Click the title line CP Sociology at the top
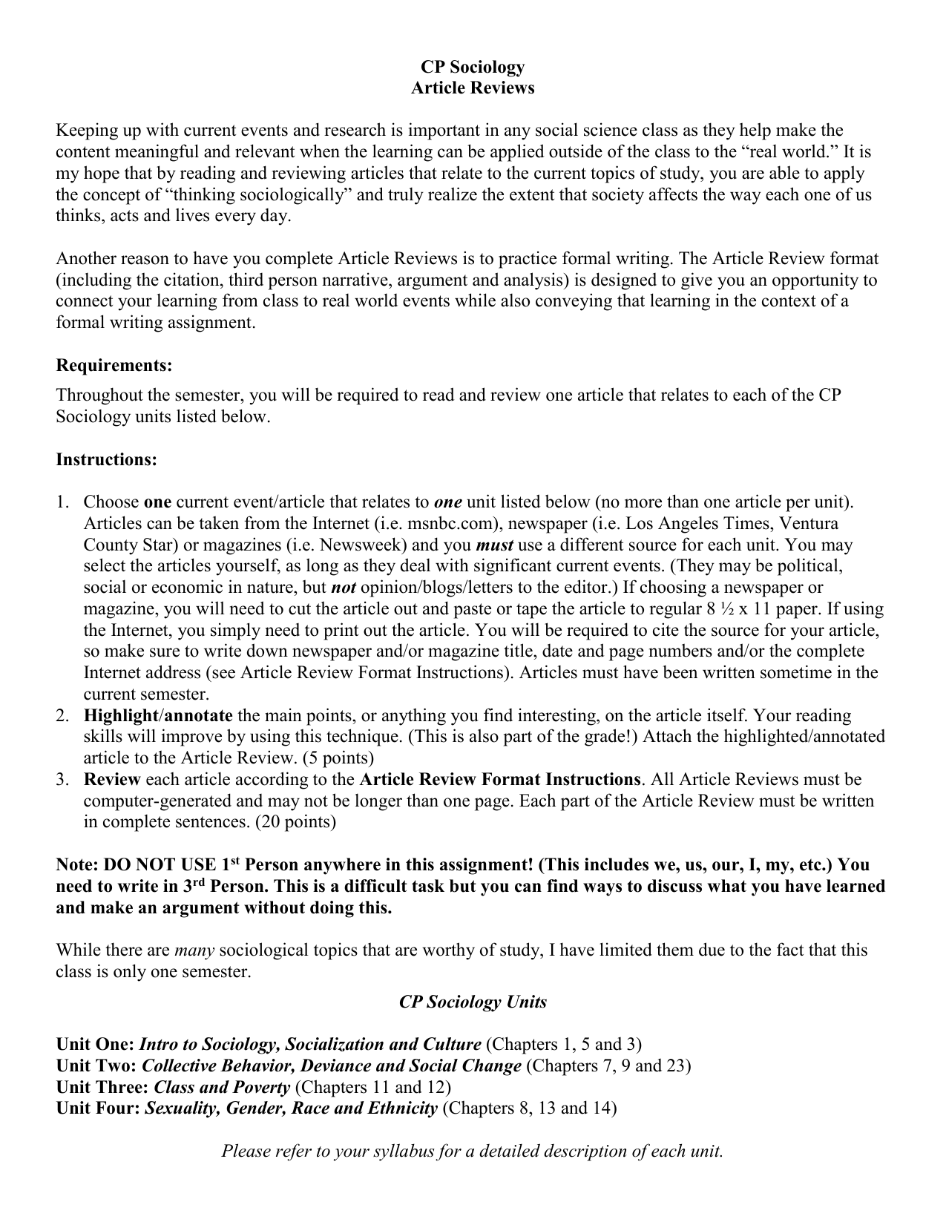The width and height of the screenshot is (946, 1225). point(473,67)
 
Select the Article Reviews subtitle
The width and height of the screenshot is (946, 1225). point(473,88)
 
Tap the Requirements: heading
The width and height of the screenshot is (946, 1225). point(114,366)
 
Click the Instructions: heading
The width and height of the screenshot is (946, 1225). point(107,459)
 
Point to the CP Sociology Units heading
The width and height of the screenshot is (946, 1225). point(473,1002)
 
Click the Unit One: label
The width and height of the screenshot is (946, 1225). point(95,1045)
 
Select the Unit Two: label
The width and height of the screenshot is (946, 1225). point(96,1066)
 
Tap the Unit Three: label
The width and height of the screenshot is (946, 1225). point(102,1088)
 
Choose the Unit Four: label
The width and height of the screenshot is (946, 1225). point(98,1109)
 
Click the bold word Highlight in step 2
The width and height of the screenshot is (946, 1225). point(120,716)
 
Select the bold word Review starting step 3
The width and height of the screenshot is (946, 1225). point(112,780)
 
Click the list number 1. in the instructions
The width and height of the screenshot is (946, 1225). point(63,502)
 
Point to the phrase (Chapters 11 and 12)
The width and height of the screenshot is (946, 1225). point(372,1088)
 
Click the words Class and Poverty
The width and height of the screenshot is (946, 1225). point(221,1088)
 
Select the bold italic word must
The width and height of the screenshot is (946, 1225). point(494,545)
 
